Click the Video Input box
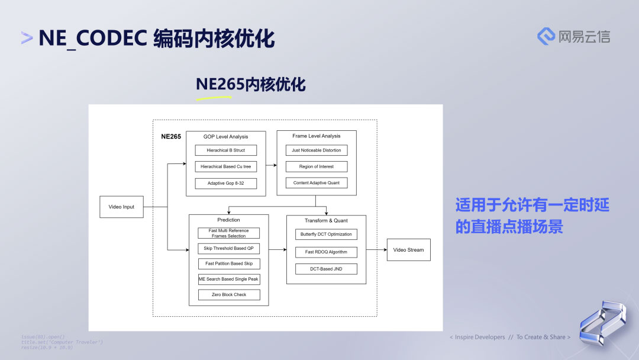121,207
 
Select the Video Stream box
408,250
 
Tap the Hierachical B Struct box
226,150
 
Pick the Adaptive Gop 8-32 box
226,183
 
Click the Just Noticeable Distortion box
317,150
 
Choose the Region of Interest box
317,166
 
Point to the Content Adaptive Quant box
317,183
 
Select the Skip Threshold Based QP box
228,249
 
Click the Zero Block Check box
228,294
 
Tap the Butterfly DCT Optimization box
326,234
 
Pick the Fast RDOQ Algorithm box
326,252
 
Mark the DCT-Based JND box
326,269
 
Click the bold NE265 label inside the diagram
171,136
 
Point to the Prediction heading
228,220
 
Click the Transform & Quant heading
326,221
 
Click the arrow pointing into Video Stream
376,250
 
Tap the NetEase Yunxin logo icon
546,36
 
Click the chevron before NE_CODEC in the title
27,38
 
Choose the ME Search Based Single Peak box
228,279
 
